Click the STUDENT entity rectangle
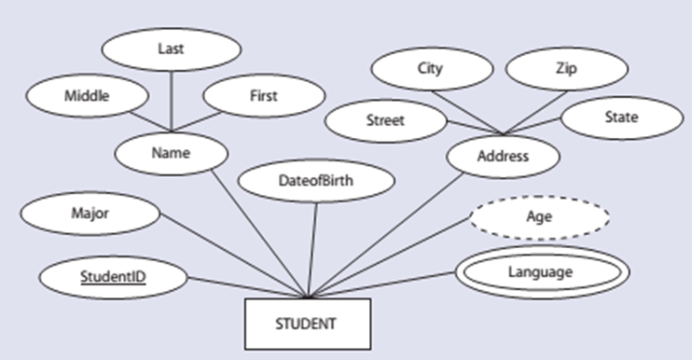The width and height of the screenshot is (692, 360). tap(308, 324)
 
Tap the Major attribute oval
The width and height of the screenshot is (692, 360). tap(90, 214)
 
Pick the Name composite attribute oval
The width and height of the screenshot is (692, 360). tap(170, 153)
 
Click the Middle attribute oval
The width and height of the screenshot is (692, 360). tap(87, 95)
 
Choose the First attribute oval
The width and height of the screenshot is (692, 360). tap(263, 96)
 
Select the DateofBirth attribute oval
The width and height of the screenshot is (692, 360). tap(316, 180)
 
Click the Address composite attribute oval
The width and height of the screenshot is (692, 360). tap(503, 156)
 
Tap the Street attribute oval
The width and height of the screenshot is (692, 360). tap(384, 119)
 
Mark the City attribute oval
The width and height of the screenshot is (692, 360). tap(430, 68)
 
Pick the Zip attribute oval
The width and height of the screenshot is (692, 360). tap(567, 68)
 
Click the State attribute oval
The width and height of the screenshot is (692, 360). tap(621, 118)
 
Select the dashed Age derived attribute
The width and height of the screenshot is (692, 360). tap(540, 216)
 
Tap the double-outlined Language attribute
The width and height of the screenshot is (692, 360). tap(540, 272)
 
